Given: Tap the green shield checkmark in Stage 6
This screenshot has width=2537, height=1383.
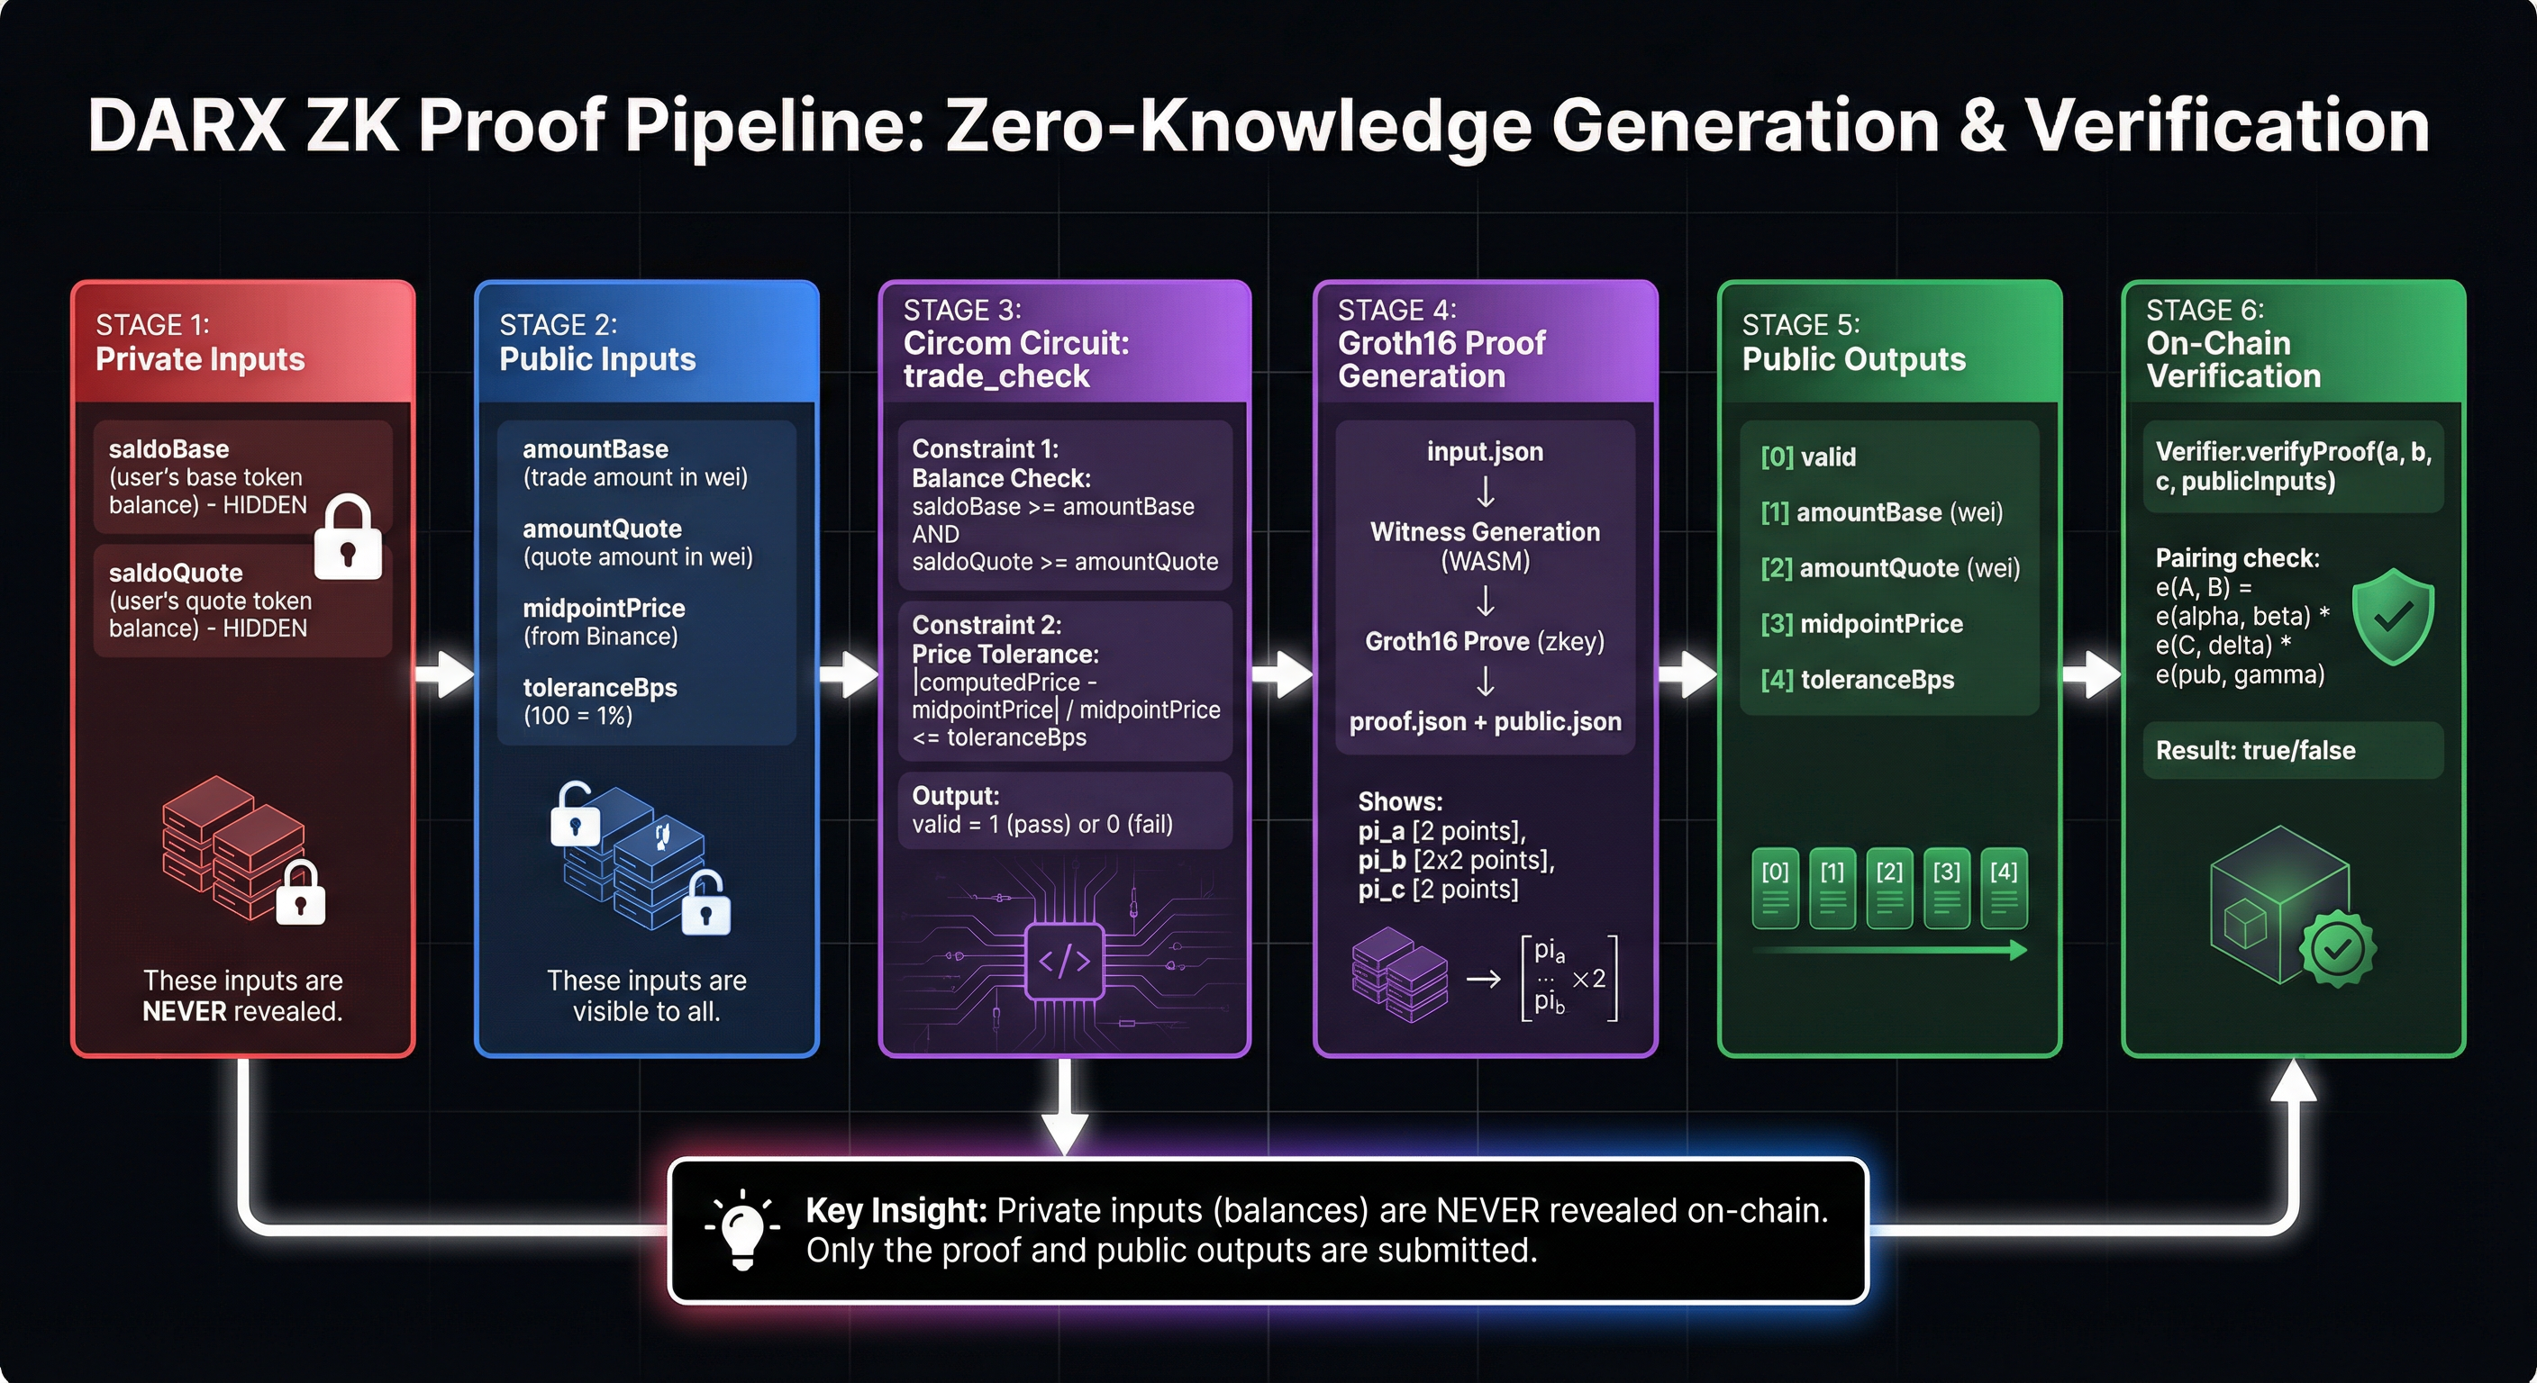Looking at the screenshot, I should pos(2392,617).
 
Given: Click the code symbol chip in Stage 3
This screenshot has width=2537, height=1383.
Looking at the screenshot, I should pos(1065,961).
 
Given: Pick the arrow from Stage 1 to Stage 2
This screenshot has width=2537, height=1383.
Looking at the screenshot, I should pos(445,674).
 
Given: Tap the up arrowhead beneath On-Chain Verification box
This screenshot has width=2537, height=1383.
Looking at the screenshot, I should pos(2294,1080).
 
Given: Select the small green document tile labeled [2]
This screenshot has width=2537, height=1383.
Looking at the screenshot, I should pos(1889,887).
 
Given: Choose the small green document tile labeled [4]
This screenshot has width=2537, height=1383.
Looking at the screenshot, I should pos(2004,887).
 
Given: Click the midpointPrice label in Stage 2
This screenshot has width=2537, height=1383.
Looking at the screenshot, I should pos(604,609).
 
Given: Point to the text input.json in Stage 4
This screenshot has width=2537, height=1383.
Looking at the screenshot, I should pos(1485,452).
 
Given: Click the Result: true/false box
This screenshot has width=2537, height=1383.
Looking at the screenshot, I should pos(2293,750).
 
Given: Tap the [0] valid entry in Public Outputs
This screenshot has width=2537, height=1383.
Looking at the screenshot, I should pos(1808,456).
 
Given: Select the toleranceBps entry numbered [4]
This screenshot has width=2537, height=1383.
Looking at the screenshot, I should pos(1858,679).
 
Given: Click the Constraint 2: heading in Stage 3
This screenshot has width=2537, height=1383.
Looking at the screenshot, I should pos(986,625).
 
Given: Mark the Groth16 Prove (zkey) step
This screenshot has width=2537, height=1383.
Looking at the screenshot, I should pos(1484,642).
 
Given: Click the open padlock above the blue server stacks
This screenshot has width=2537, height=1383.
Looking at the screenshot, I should pos(575,815).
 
